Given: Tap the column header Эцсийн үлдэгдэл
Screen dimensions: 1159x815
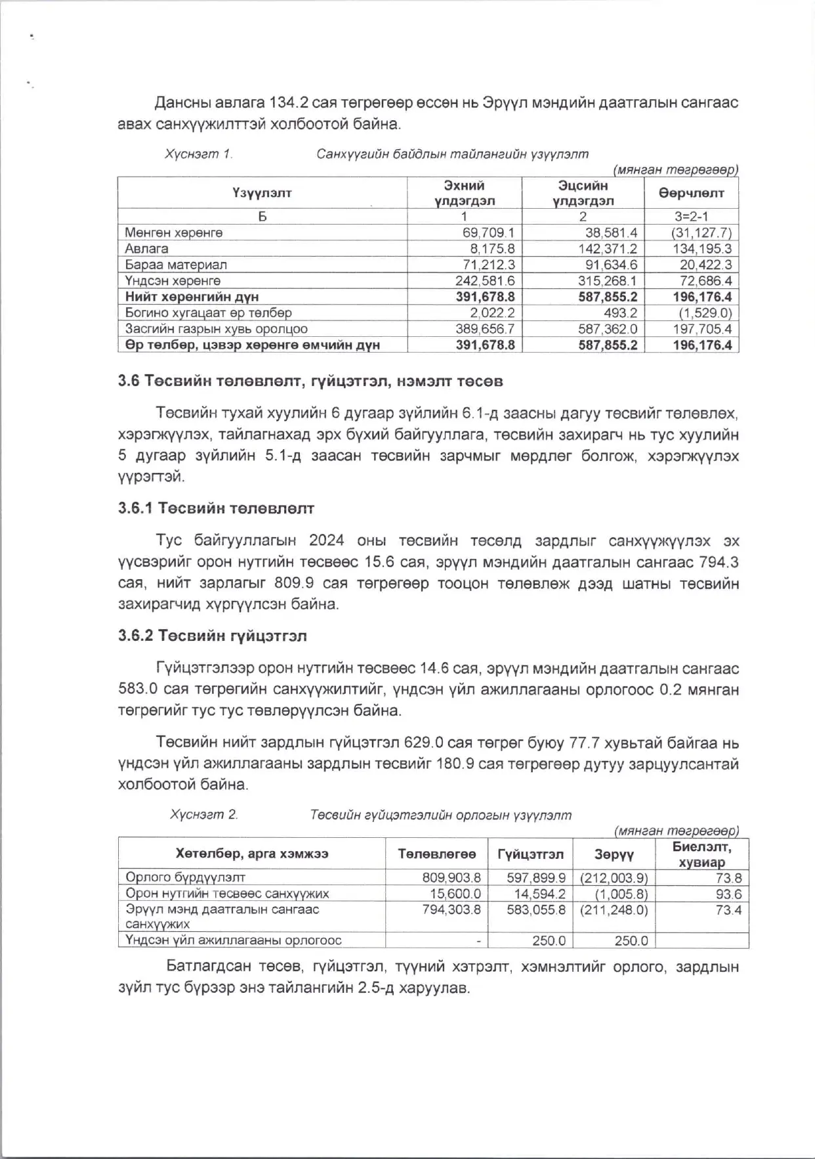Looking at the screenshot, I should click(583, 193).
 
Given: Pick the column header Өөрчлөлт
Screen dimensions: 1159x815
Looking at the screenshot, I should click(691, 193).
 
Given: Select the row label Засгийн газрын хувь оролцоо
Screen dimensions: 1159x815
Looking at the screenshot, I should click(216, 329).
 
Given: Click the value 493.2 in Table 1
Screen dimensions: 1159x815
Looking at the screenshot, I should click(620, 313).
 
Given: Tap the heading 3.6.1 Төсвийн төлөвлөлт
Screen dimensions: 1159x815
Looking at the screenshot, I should click(216, 508).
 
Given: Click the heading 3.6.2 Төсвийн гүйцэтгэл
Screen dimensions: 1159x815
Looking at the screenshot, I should click(213, 636).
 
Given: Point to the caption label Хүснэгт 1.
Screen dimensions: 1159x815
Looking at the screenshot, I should click(198, 154).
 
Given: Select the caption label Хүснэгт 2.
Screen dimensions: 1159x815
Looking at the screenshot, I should click(203, 815).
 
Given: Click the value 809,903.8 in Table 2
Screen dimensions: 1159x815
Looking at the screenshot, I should click(451, 878).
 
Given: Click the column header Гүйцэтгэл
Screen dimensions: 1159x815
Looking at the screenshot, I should click(530, 854).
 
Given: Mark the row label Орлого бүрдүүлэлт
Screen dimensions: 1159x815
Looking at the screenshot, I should click(185, 877).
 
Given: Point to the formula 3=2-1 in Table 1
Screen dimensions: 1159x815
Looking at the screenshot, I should click(691, 216).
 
